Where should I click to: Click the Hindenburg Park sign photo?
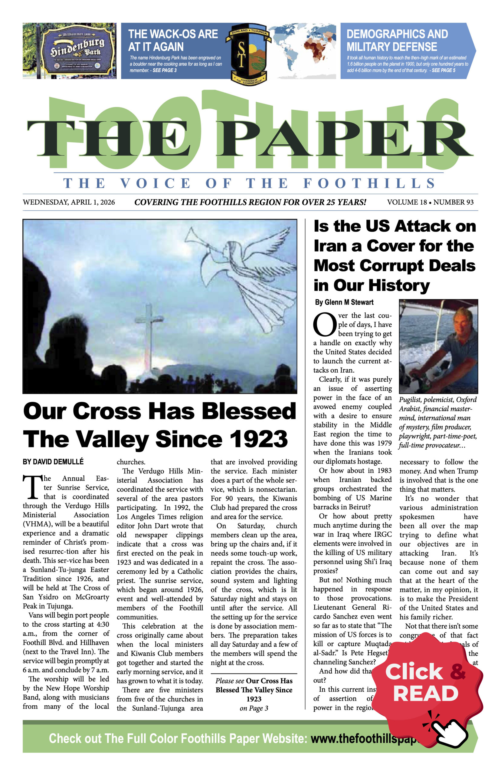69,51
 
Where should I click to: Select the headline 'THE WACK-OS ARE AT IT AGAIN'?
173,40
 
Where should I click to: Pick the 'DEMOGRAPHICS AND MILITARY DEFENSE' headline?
397,40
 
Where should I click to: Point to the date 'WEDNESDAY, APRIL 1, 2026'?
69,202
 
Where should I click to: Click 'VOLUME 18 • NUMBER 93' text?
430,202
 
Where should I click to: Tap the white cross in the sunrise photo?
149,329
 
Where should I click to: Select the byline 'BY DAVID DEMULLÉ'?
53,462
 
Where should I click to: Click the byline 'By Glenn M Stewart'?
344,302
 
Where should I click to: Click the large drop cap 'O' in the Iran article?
324,325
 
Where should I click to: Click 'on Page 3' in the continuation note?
254,708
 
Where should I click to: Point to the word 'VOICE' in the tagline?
155,183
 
